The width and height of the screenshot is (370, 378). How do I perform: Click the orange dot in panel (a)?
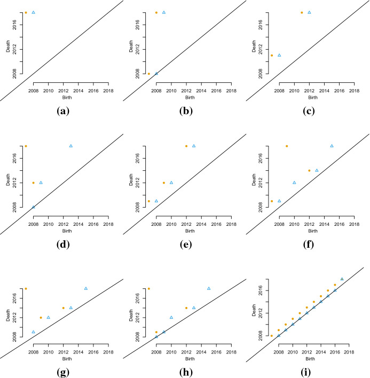click(26, 12)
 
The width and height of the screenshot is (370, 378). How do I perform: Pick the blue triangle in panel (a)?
click(33, 12)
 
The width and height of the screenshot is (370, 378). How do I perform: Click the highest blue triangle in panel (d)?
click(70, 146)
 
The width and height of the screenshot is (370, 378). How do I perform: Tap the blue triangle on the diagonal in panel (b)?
click(156, 73)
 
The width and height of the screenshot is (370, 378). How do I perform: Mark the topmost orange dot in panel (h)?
click(148, 289)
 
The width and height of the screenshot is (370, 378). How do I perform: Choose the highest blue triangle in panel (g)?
click(85, 288)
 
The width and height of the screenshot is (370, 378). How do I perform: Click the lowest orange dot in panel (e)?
click(149, 201)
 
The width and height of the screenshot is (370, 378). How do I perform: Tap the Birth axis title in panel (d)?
click(64, 231)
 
